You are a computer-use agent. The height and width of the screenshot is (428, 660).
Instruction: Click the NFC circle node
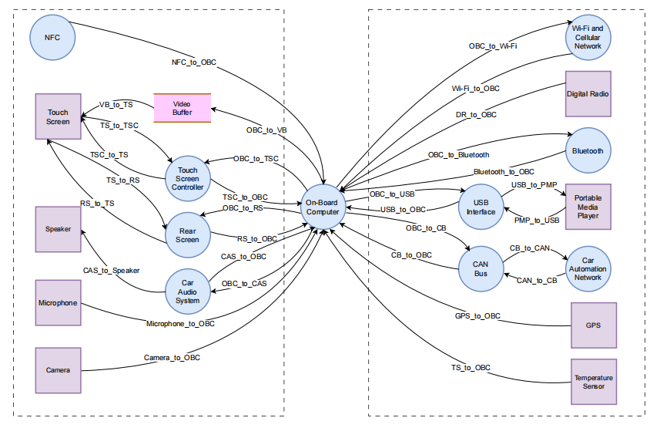[x=52, y=38]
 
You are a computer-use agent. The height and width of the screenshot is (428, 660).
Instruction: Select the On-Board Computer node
[x=323, y=207]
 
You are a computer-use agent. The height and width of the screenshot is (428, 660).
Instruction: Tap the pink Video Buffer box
[x=183, y=108]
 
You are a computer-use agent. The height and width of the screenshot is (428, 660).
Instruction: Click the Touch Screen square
[x=58, y=116]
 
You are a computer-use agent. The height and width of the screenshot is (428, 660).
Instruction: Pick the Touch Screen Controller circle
[x=188, y=179]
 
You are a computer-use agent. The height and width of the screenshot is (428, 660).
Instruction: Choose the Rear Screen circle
[x=188, y=235]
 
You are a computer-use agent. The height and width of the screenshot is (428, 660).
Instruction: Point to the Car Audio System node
[x=188, y=292]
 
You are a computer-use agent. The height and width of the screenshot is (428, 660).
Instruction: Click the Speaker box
[x=58, y=229]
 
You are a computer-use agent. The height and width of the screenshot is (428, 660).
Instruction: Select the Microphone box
[x=58, y=303]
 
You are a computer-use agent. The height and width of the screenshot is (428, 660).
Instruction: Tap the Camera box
[x=58, y=370]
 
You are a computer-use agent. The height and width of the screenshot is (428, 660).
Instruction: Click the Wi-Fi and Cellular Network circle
[x=588, y=38]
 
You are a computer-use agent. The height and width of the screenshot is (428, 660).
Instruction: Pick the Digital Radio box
[x=588, y=94]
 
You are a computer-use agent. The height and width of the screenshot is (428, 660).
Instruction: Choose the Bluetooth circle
[x=588, y=150]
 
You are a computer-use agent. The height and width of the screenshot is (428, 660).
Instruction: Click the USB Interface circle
[x=481, y=207]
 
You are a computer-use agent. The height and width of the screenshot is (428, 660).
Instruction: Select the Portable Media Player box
[x=588, y=207]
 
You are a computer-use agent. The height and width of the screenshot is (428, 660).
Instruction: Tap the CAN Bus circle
[x=481, y=269]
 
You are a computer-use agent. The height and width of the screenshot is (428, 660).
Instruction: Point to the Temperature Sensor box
[x=594, y=382]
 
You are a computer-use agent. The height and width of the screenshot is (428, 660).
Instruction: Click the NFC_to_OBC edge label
[x=193, y=62]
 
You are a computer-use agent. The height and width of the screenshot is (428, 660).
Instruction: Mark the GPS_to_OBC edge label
[x=477, y=316]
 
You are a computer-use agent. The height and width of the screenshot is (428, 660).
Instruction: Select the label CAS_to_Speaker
[x=111, y=270]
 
